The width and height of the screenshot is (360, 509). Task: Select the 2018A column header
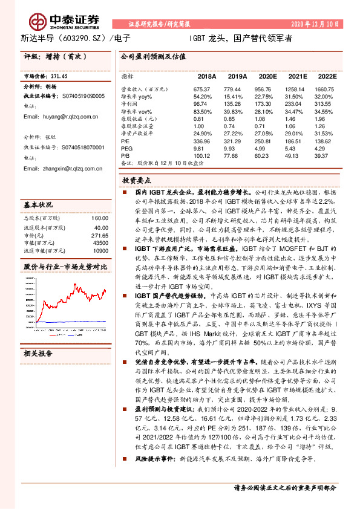pyautogui.click(x=206, y=77)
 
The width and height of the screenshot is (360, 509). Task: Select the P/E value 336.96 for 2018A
pyautogui.click(x=206, y=139)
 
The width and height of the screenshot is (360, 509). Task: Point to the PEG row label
pyautogui.click(x=126, y=148)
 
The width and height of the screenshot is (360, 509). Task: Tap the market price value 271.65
pyautogui.click(x=57, y=77)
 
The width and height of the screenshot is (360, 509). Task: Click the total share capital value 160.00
pyautogui.click(x=97, y=218)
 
